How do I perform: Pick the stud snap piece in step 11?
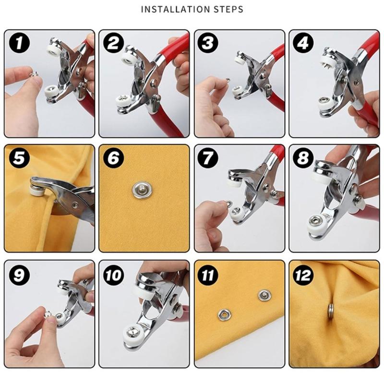(x=263, y=295)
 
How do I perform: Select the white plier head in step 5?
(x=35, y=189)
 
